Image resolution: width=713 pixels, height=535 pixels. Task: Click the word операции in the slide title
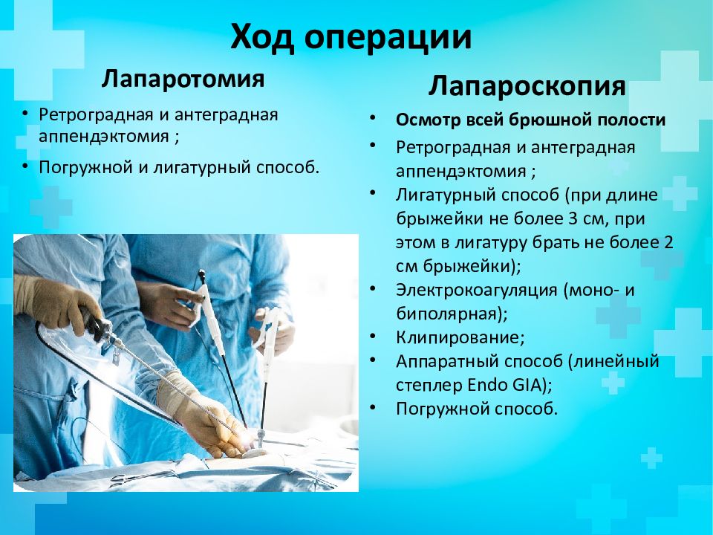tap(388, 38)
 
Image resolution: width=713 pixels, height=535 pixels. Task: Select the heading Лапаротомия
tap(183, 78)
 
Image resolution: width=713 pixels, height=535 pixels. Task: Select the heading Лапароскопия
tap(527, 85)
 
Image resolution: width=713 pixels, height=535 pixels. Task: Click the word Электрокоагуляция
tap(477, 290)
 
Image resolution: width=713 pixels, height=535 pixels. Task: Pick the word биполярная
tap(451, 314)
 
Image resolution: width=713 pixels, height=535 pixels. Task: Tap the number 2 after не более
tap(668, 242)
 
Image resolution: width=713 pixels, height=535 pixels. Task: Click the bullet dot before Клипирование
tap(373, 337)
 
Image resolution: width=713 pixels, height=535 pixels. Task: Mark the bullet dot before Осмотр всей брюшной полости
tap(373, 119)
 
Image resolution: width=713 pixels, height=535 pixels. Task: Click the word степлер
tap(429, 386)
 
